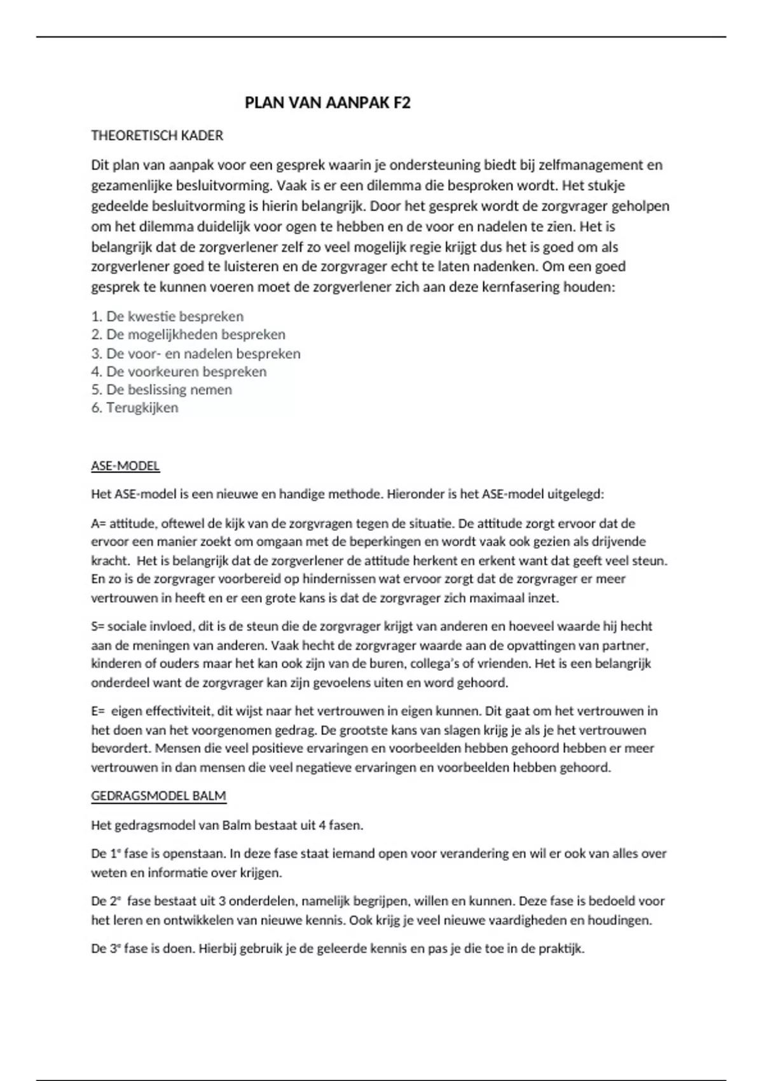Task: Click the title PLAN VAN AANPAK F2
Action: pyautogui.click(x=327, y=103)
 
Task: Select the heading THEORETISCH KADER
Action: pyautogui.click(x=157, y=135)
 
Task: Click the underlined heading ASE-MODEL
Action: pyautogui.click(x=125, y=466)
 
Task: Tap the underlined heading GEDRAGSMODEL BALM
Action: pyautogui.click(x=158, y=796)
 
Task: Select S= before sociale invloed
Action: pyautogui.click(x=97, y=626)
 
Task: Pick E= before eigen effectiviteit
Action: pyautogui.click(x=98, y=711)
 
